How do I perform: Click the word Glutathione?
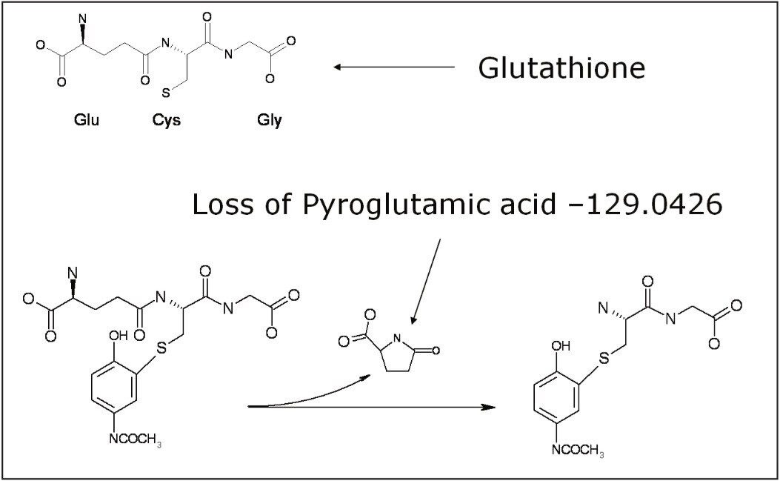click(561, 67)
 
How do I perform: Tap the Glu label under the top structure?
click(87, 120)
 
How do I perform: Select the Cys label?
click(166, 121)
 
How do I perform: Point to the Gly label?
click(269, 121)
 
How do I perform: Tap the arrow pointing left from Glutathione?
click(395, 67)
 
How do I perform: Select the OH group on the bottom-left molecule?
click(119, 336)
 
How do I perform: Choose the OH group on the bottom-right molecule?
click(561, 345)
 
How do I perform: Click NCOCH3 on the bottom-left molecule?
click(136, 439)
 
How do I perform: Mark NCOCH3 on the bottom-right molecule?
click(578, 450)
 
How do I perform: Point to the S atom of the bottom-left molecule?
click(161, 348)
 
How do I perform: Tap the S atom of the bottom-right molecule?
click(604, 358)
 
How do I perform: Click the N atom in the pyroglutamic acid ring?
click(396, 339)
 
